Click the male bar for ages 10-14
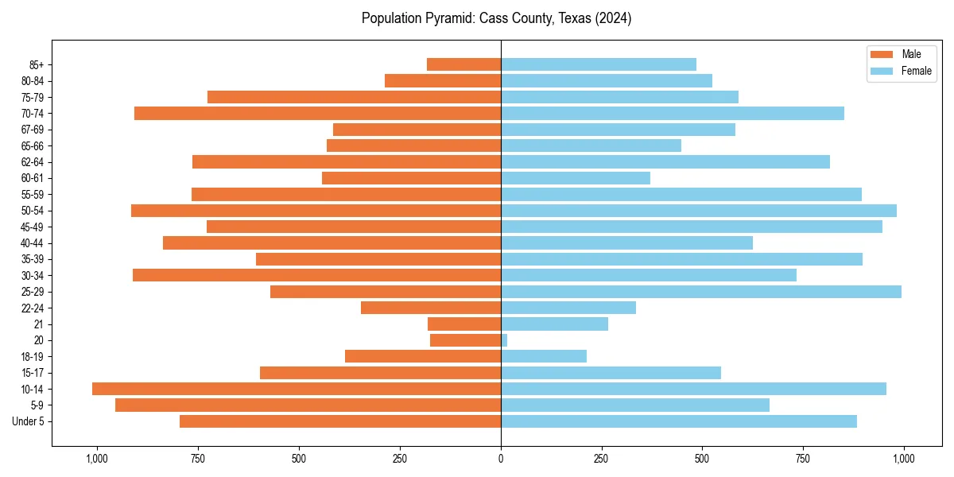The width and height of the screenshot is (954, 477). tap(296, 389)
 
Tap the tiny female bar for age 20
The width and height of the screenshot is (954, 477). tap(504, 340)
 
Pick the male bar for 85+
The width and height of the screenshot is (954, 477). tap(463, 64)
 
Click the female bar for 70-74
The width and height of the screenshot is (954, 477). tap(672, 114)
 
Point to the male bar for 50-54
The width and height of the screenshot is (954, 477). tap(316, 211)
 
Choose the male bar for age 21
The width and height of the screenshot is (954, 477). tap(464, 324)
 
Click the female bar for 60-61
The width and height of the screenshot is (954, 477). tap(575, 178)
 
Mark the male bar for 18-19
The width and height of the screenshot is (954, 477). tap(423, 356)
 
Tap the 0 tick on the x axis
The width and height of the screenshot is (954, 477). tap(501, 459)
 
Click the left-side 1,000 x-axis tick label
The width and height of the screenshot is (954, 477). tap(97, 459)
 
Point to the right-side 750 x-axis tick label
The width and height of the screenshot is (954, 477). tap(803, 459)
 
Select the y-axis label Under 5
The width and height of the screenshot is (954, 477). tap(28, 421)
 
